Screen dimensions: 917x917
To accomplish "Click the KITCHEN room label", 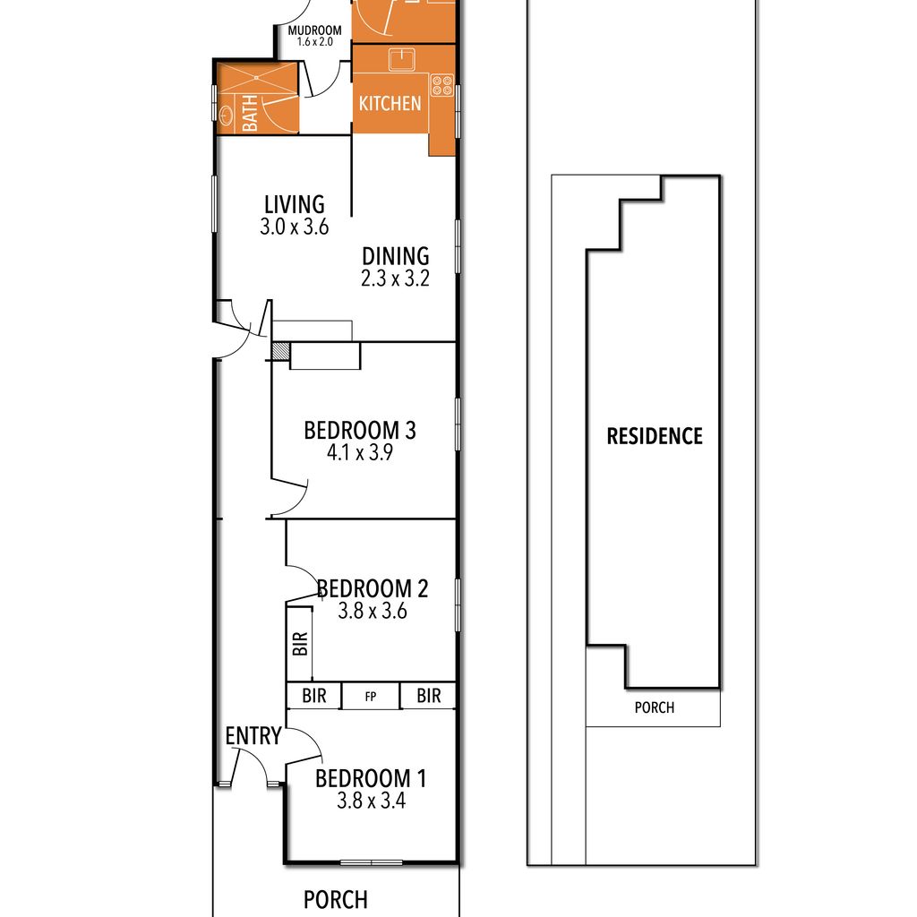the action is pos(390,104).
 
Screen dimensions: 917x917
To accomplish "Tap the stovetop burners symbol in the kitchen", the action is pos(442,85).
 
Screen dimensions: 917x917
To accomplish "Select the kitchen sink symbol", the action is pos(402,60).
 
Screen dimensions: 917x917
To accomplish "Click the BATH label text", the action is pos(250,113).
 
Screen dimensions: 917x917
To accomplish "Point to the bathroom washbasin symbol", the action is pos(226,114).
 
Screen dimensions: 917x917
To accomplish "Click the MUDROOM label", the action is pos(314,30).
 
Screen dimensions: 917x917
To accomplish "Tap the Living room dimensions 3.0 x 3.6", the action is pos(294,227).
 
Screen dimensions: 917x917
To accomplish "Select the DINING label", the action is pos(395,256).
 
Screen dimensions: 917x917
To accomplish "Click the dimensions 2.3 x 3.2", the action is pos(395,279).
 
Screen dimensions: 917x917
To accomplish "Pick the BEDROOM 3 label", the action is pos(360,431).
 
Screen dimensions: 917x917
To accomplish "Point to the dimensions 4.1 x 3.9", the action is pos(360,452).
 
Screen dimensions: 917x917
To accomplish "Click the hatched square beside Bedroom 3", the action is pos(280,350).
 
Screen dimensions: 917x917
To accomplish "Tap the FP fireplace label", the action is pos(370,697).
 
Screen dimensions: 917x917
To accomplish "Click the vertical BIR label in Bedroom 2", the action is pos(299,643).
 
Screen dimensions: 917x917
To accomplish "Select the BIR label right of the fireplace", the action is pos(429,696).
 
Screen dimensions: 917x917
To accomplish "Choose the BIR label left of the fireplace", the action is pos(314,696).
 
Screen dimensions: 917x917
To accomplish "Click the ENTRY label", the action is pos(253,736).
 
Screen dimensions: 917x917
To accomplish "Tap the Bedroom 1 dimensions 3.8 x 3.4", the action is pos(372,801).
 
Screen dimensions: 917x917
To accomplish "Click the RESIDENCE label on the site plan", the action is pos(655,436).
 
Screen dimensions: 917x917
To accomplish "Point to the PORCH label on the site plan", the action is pos(655,707).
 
